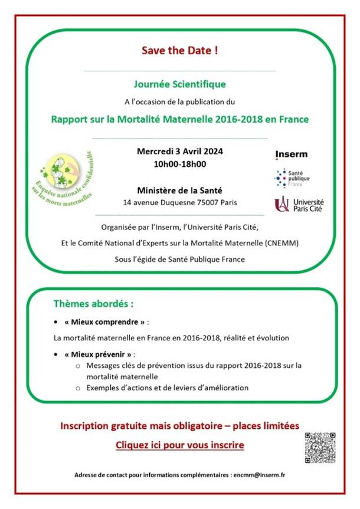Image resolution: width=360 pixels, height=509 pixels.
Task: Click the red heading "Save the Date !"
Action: pyautogui.click(x=179, y=50)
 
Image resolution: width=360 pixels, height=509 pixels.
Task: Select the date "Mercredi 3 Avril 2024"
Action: pyautogui.click(x=179, y=150)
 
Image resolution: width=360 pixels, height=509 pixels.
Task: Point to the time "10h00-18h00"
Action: pyautogui.click(x=179, y=163)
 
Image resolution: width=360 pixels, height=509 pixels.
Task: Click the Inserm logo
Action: pyautogui.click(x=291, y=155)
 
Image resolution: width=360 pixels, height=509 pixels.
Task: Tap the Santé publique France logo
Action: pyautogui.click(x=292, y=178)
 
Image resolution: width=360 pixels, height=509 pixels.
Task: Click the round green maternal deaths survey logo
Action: pyautogui.click(x=64, y=178)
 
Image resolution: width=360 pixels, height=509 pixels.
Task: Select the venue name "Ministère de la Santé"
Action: pyautogui.click(x=179, y=190)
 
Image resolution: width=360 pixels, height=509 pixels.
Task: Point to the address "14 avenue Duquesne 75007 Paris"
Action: pyautogui.click(x=179, y=203)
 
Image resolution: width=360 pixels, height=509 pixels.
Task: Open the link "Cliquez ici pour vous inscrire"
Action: pyautogui.click(x=179, y=445)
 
